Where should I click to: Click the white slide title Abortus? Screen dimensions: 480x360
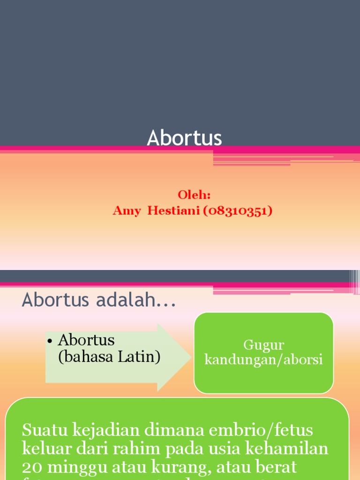184,138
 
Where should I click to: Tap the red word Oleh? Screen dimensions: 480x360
194,195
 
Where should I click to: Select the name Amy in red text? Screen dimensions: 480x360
126,211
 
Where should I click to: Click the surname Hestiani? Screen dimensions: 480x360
173,211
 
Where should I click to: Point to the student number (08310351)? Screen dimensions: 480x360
238,211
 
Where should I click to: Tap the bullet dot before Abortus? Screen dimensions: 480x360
50,340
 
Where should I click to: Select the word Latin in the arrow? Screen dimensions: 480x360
140,357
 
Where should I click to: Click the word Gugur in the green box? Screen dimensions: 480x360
263,345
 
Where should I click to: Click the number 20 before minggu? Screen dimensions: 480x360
32,467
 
